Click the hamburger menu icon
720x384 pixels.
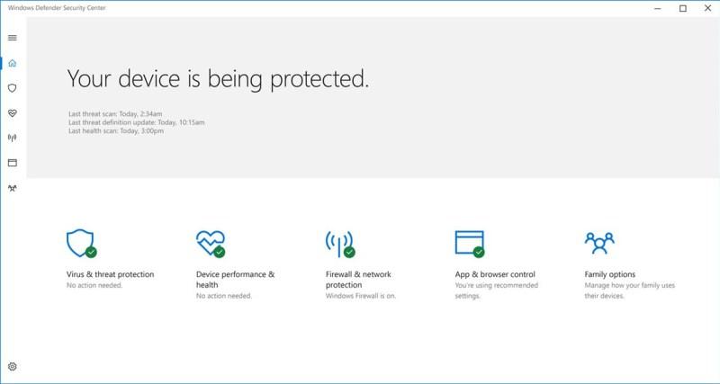pyautogui.click(x=13, y=38)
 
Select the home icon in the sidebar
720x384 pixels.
pyautogui.click(x=13, y=63)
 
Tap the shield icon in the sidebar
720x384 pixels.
pyautogui.click(x=13, y=88)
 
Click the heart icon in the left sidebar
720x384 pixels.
pyautogui.click(x=13, y=112)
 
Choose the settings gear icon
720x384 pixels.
pyautogui.click(x=13, y=367)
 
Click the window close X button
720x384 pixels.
pyautogui.click(x=707, y=8)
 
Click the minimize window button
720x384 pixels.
pyautogui.click(x=658, y=8)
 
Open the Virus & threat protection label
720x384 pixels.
pyautogui.click(x=110, y=274)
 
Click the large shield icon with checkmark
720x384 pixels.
pyautogui.click(x=81, y=243)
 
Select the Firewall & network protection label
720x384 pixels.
pyautogui.click(x=358, y=280)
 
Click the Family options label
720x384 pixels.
pyautogui.click(x=610, y=274)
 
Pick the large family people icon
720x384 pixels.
pyautogui.click(x=599, y=243)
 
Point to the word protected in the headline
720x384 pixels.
pyautogui.click(x=319, y=79)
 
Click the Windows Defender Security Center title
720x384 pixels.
pyautogui.click(x=57, y=8)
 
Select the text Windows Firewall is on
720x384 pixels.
pyautogui.click(x=361, y=296)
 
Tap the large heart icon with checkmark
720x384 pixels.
pyautogui.click(x=211, y=244)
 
